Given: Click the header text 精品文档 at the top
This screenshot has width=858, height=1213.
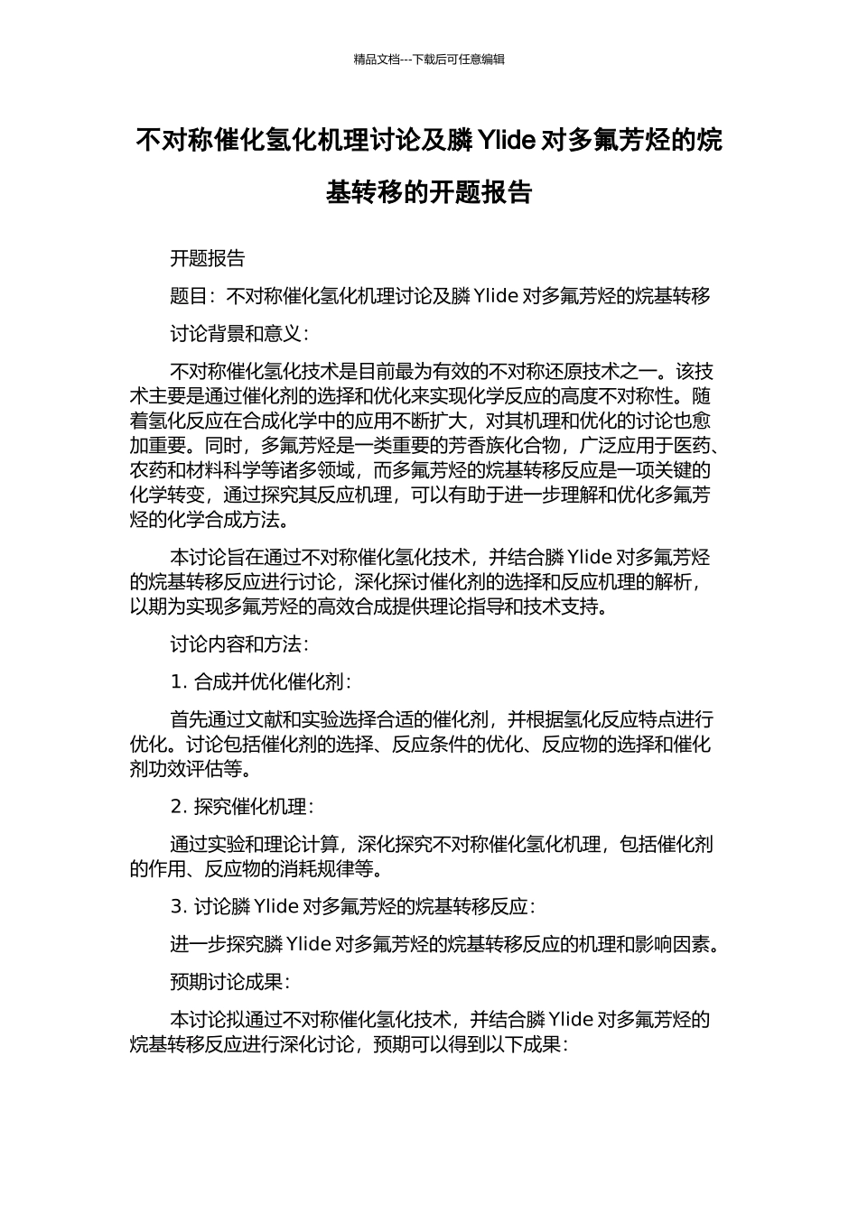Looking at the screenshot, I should [x=377, y=60].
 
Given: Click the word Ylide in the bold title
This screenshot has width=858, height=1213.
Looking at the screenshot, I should [x=506, y=141].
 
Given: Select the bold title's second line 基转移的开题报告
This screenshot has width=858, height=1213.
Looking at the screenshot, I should [x=429, y=192].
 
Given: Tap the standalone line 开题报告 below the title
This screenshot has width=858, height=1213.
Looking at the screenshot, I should [x=208, y=258].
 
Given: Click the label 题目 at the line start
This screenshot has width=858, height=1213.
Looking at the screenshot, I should [x=189, y=296].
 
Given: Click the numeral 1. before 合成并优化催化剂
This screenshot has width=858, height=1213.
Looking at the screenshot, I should [x=179, y=681].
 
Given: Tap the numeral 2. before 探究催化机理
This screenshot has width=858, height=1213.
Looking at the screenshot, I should [x=179, y=806].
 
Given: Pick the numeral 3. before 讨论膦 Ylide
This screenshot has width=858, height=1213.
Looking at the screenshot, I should [x=179, y=906].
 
